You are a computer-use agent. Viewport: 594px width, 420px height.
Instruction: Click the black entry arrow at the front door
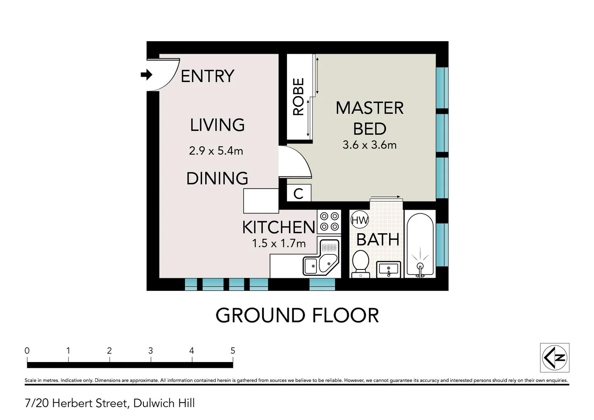click(147, 75)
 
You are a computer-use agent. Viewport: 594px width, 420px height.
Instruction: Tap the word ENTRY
click(207, 76)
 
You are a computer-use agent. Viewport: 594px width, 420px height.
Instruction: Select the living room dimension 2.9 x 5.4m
click(216, 151)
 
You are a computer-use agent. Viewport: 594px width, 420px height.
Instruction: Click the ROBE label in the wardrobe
click(298, 96)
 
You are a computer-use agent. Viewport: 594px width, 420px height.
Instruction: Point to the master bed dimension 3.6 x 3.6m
click(369, 145)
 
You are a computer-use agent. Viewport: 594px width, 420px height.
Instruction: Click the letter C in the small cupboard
click(298, 194)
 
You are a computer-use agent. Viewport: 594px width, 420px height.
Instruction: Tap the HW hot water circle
click(360, 220)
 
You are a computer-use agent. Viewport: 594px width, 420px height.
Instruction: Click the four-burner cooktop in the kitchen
click(329, 222)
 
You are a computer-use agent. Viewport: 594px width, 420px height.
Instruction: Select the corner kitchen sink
click(321, 257)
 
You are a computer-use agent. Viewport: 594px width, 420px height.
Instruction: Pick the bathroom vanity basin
click(388, 269)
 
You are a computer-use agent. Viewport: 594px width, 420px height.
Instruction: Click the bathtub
click(420, 245)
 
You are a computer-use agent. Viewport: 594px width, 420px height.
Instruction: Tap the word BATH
click(378, 240)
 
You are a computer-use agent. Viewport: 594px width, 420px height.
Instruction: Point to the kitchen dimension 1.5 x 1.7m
click(279, 243)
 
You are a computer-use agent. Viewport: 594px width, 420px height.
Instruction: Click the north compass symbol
click(554, 358)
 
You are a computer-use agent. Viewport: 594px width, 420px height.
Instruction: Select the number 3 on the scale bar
click(150, 351)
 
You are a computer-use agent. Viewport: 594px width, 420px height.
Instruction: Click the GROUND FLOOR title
click(297, 315)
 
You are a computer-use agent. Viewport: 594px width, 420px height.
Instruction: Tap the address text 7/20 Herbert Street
click(76, 403)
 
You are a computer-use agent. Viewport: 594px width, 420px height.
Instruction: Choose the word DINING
click(217, 178)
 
